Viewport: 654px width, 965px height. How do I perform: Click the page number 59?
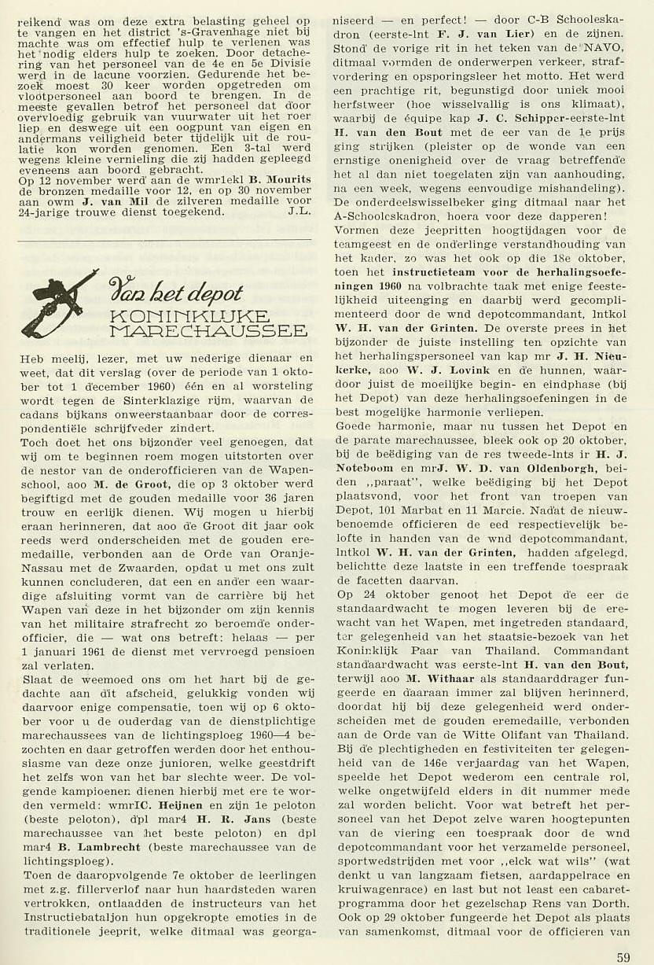[x=623, y=957]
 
